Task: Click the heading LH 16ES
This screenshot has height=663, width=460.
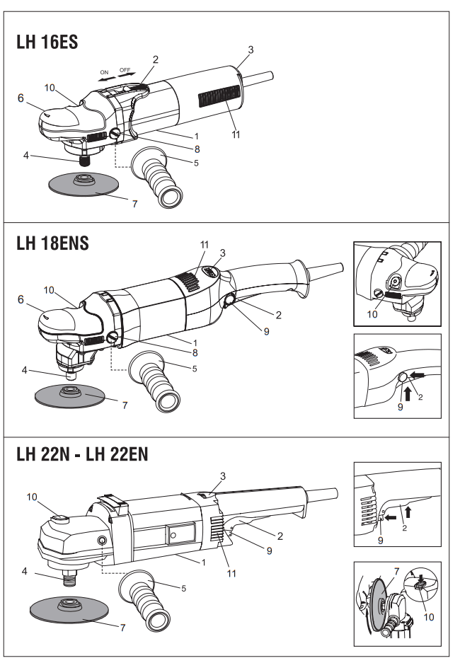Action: [x=47, y=42]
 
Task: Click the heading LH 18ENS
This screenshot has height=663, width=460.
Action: [x=52, y=243]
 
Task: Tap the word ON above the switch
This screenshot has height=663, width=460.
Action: [x=104, y=72]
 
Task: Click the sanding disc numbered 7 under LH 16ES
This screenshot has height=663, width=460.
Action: [x=84, y=186]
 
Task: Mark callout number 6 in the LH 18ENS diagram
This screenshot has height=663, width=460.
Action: [x=21, y=299]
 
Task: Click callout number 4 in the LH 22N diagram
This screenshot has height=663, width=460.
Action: [x=24, y=570]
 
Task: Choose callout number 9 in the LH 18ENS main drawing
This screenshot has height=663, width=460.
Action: [x=265, y=330]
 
